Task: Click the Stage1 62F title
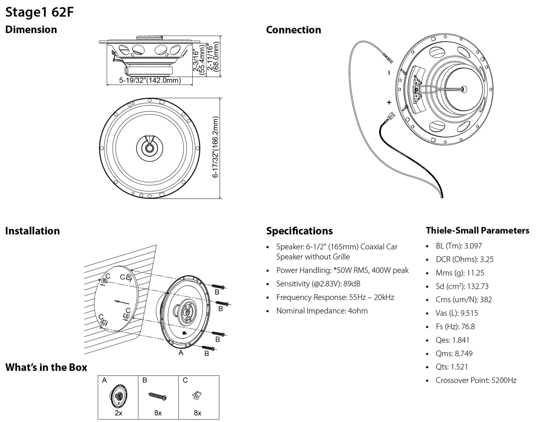pyautogui.click(x=40, y=12)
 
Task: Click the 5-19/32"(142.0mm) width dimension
pyautogui.click(x=150, y=80)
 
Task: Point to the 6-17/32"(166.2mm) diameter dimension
pyautogui.click(x=215, y=147)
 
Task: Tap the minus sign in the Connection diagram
pyautogui.click(x=389, y=73)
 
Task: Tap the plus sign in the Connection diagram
pyautogui.click(x=389, y=103)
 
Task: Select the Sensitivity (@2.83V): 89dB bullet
pyautogui.click(x=318, y=284)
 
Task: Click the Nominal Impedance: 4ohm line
pyautogui.click(x=322, y=311)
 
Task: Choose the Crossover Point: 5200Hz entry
pyautogui.click(x=476, y=380)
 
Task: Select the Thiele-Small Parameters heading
pyautogui.click(x=477, y=230)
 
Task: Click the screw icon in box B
pyautogui.click(x=157, y=397)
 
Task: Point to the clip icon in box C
pyautogui.click(x=197, y=395)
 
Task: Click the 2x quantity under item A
pyautogui.click(x=118, y=413)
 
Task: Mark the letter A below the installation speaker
pyautogui.click(x=181, y=353)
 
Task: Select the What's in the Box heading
pyautogui.click(x=46, y=367)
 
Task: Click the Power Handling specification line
pyautogui.click(x=342, y=270)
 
